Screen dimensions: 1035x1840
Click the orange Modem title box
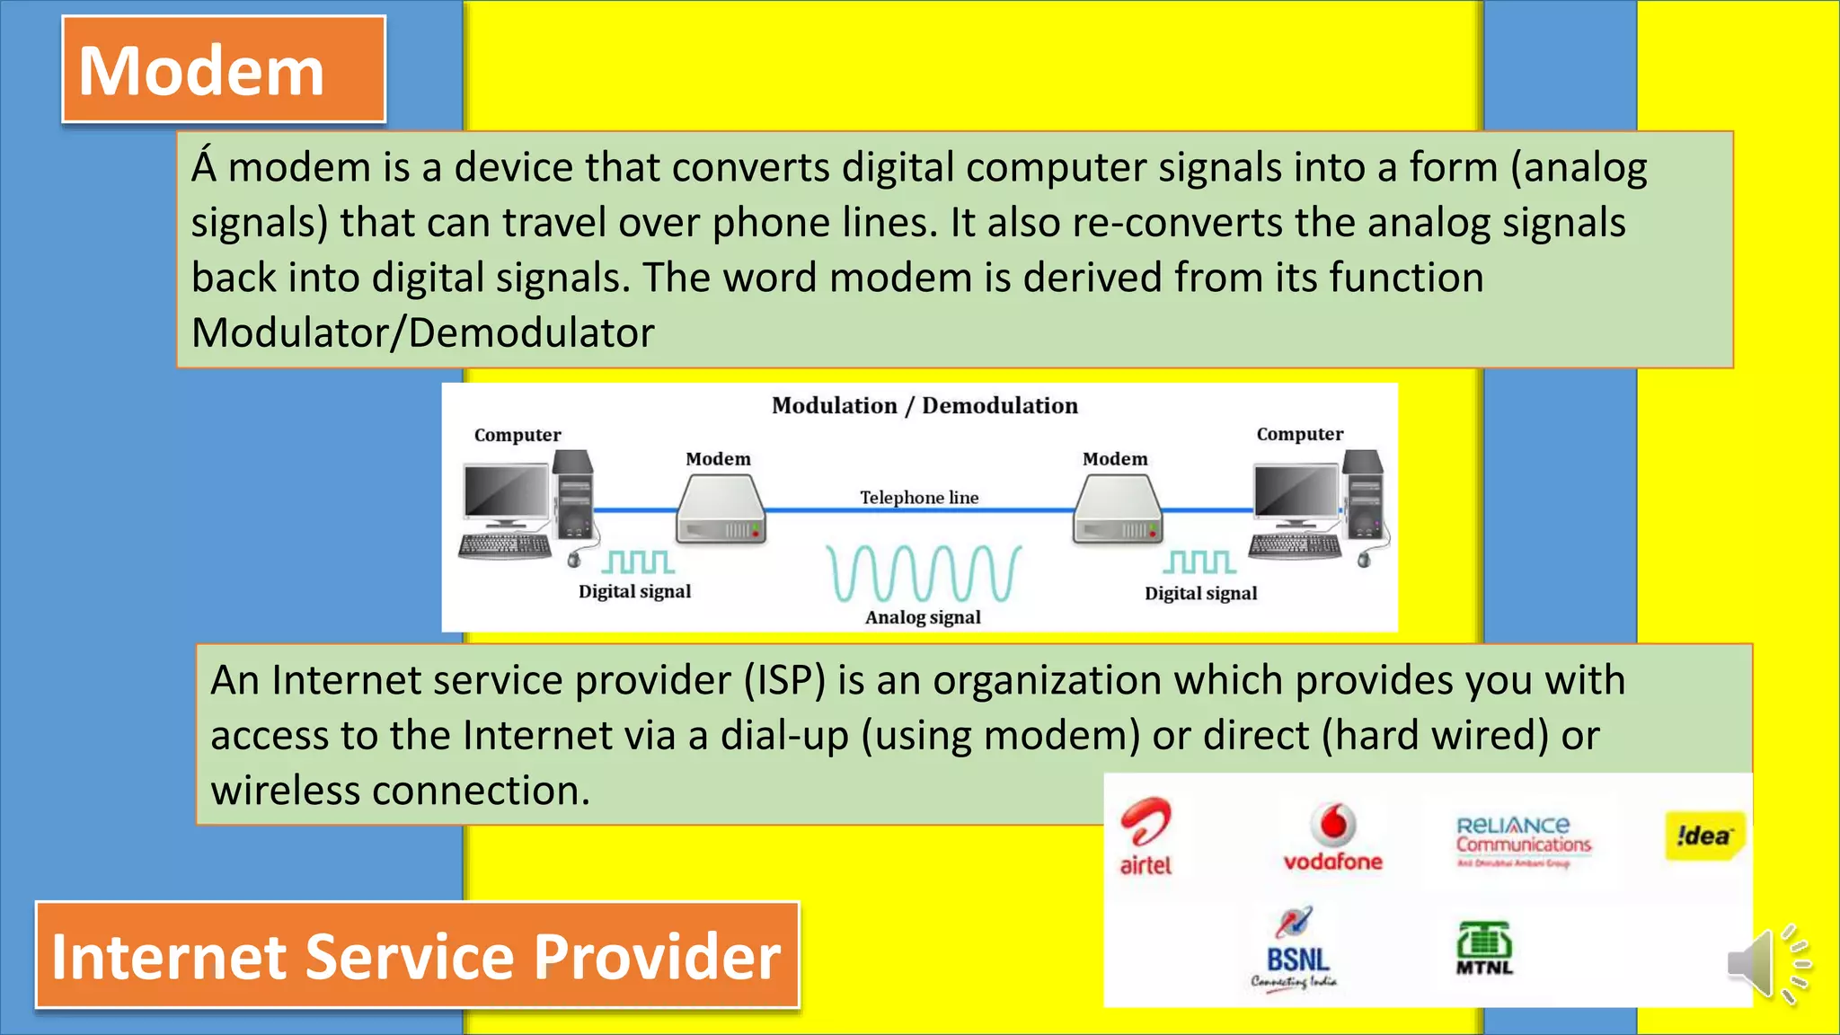pos(224,69)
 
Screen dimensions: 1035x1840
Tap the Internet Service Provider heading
pos(417,956)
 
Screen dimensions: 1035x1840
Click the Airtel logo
pos(1146,836)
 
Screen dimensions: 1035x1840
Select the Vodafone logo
pos(1332,837)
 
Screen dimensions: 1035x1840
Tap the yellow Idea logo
pos(1703,836)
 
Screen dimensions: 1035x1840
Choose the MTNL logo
pos(1484,949)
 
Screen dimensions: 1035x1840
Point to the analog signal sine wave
pos(924,573)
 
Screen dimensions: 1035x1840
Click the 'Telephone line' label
pos(919,498)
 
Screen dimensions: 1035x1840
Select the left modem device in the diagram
pos(721,509)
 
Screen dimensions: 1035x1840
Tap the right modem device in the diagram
pos(1117,509)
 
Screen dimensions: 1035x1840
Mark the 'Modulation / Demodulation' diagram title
pos(924,406)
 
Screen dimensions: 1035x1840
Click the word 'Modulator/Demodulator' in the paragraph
pos(422,333)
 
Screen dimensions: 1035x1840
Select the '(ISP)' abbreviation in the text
pos(784,680)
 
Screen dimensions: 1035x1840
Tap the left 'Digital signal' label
pos(634,592)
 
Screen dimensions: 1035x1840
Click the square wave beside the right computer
pos(1199,562)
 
